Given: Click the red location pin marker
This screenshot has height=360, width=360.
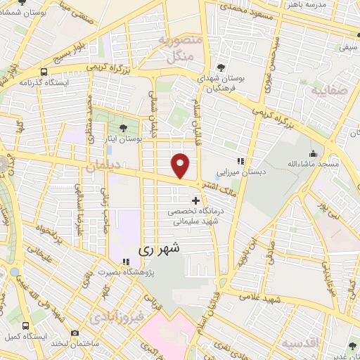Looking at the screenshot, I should (x=181, y=165).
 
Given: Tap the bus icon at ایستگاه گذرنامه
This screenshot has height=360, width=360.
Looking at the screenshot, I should (x=44, y=72).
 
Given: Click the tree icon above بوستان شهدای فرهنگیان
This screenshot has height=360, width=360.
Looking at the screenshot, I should (x=221, y=67).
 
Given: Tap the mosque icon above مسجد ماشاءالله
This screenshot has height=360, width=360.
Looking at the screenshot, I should (x=313, y=153).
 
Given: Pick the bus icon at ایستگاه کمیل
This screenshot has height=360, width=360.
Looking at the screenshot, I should (x=26, y=326).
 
